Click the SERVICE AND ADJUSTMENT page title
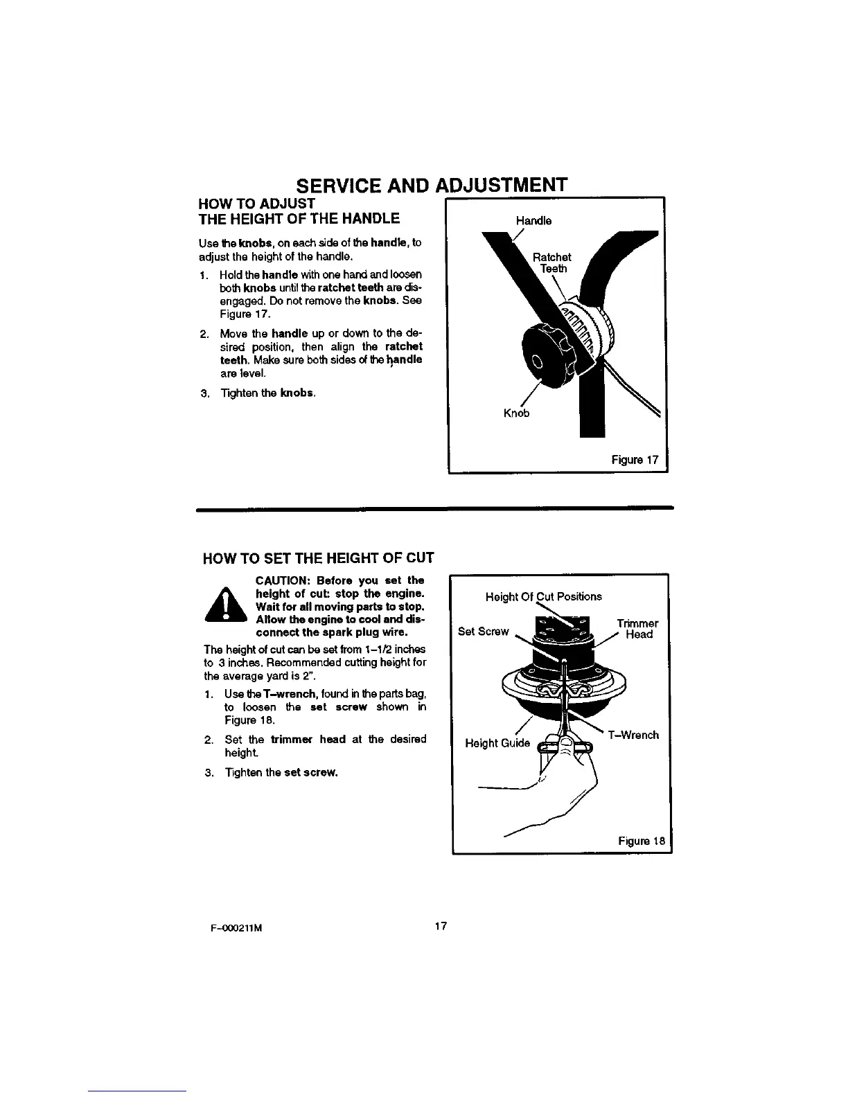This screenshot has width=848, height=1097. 432,186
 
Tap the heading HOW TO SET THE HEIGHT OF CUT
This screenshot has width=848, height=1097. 318,558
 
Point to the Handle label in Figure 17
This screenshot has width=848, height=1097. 533,221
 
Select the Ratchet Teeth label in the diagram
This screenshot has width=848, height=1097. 553,263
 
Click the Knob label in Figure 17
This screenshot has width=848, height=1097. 516,413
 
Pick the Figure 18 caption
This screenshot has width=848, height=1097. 642,841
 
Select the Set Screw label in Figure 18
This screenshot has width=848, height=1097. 484,631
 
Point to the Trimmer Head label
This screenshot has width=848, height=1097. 637,629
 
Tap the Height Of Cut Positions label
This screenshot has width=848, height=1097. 544,596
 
